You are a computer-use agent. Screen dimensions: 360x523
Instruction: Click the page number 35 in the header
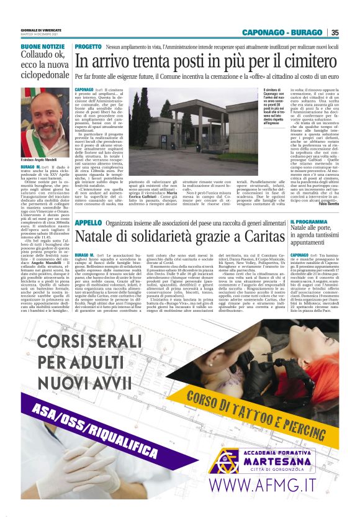coord(335,32)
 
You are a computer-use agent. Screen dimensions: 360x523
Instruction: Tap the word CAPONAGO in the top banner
coord(260,32)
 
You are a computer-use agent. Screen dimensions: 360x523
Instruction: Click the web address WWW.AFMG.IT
coord(278,484)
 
